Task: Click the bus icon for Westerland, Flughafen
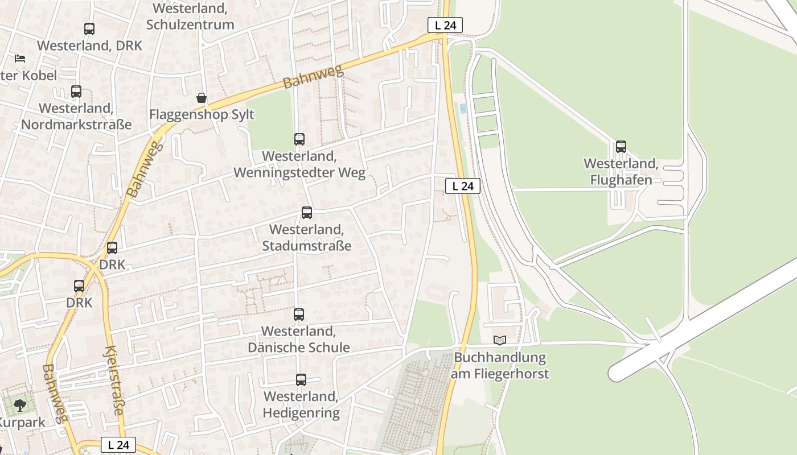(621, 147)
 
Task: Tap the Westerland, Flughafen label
(621, 172)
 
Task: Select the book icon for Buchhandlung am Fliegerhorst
(500, 341)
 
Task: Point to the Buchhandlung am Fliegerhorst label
(500, 366)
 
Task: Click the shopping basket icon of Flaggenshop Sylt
(202, 98)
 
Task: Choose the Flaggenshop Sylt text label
(202, 115)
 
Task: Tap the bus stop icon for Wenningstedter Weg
(299, 139)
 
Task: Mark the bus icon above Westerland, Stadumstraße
(307, 213)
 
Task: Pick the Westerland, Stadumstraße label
(307, 238)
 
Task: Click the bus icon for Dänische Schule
(299, 314)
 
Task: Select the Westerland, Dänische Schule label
(299, 339)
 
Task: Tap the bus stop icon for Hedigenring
(301, 379)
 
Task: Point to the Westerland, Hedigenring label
(301, 404)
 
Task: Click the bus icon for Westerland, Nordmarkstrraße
(76, 91)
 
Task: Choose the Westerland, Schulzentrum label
(190, 16)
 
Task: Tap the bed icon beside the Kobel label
(20, 59)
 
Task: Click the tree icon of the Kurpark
(20, 406)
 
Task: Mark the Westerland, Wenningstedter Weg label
(299, 164)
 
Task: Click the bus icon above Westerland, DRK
(89, 28)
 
